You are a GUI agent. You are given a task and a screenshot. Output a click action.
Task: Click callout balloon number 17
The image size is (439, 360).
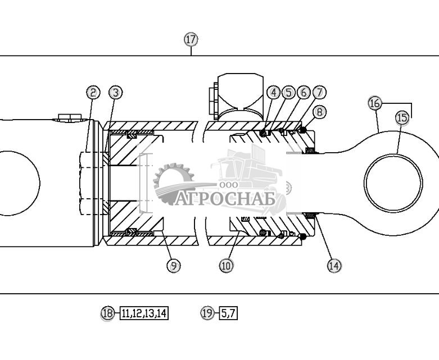point(191,39)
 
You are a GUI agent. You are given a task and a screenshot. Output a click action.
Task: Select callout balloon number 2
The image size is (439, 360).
point(93,92)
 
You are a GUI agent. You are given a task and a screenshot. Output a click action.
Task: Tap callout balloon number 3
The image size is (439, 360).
point(116,92)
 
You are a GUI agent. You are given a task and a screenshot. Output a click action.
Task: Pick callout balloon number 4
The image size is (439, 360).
point(274,92)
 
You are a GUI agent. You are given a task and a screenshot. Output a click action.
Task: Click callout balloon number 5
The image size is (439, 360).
point(289,92)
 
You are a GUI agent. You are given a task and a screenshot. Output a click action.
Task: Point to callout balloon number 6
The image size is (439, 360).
point(304,92)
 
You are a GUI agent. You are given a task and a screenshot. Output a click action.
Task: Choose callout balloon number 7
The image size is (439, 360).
point(319,92)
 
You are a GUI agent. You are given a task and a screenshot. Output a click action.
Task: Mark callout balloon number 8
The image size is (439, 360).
point(319,112)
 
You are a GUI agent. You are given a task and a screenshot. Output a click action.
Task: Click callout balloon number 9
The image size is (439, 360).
point(174,266)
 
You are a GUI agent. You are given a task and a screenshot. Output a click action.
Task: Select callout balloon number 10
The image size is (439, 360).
point(226,266)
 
